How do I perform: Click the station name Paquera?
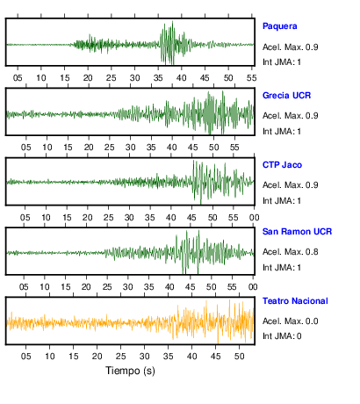(280, 26)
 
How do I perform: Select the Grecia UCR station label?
(286, 96)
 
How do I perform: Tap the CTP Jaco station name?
(282, 165)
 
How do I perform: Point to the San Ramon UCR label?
(297, 232)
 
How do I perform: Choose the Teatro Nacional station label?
(295, 301)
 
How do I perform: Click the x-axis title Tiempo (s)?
(130, 371)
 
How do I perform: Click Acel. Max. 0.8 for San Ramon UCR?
(291, 252)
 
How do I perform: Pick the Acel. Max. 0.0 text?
(291, 321)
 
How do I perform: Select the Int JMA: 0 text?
(282, 335)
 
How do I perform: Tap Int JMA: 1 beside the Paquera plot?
(282, 62)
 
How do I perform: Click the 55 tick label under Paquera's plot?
(252, 78)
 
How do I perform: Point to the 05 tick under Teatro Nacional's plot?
(25, 357)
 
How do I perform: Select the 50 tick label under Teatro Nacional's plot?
(239, 357)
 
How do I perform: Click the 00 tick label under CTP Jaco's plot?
(254, 218)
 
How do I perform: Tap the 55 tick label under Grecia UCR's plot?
(234, 148)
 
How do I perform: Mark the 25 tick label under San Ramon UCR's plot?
(107, 287)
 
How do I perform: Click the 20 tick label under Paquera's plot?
(88, 78)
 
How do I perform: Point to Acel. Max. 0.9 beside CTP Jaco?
(291, 185)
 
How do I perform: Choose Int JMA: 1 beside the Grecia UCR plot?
(282, 132)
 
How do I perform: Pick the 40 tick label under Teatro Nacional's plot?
(191, 357)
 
